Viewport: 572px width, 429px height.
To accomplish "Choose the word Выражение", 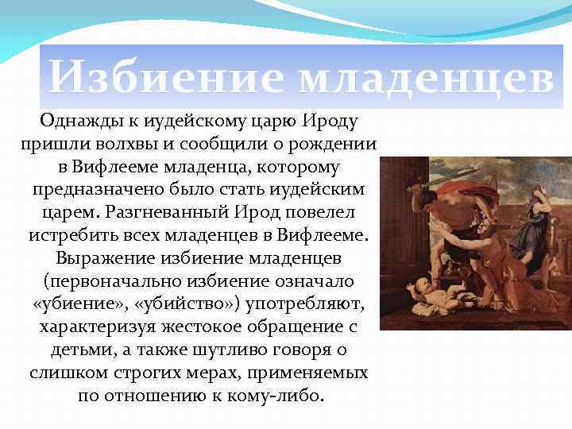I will (107, 259).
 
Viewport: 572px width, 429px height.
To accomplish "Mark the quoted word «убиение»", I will (80, 305).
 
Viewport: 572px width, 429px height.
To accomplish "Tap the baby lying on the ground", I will (433, 297).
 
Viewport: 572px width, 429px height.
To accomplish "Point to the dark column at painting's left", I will (392, 238).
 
